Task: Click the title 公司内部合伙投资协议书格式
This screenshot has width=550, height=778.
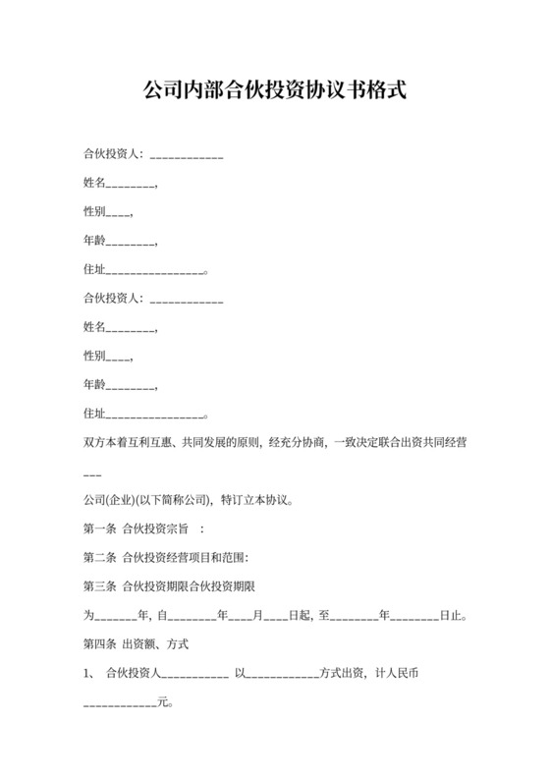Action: click(275, 90)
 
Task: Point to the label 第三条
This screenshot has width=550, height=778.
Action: click(99, 586)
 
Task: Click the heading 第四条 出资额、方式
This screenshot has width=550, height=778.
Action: click(136, 644)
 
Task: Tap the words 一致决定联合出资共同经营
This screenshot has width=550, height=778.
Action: click(400, 443)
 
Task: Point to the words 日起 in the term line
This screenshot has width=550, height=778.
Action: click(299, 616)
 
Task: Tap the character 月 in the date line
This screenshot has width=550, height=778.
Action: click(258, 616)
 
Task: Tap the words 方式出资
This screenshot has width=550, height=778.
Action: click(343, 674)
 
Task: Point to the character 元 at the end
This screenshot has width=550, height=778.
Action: click(163, 703)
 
